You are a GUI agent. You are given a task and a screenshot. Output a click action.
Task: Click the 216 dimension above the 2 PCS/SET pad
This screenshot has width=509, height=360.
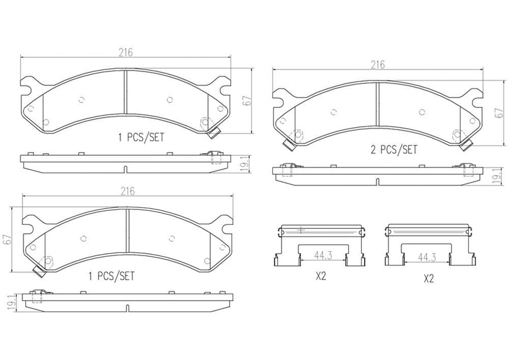[378, 64]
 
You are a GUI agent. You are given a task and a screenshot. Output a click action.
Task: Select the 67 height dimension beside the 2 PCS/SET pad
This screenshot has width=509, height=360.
[497, 113]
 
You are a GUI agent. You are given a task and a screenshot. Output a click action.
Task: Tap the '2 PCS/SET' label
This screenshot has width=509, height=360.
[394, 150]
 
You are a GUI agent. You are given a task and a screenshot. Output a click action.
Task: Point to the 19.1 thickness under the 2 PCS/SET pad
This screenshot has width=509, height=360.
[497, 176]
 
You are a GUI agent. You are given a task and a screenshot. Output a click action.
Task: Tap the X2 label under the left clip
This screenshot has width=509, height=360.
[320, 276]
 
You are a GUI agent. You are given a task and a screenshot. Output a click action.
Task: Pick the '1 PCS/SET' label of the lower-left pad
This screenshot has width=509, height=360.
[112, 276]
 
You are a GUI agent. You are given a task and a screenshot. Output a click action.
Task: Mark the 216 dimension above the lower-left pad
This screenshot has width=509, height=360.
[128, 191]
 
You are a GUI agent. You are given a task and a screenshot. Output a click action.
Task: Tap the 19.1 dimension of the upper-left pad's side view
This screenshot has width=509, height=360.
[246, 164]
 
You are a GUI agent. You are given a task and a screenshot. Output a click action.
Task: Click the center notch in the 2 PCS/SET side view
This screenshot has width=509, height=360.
[377, 182]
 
